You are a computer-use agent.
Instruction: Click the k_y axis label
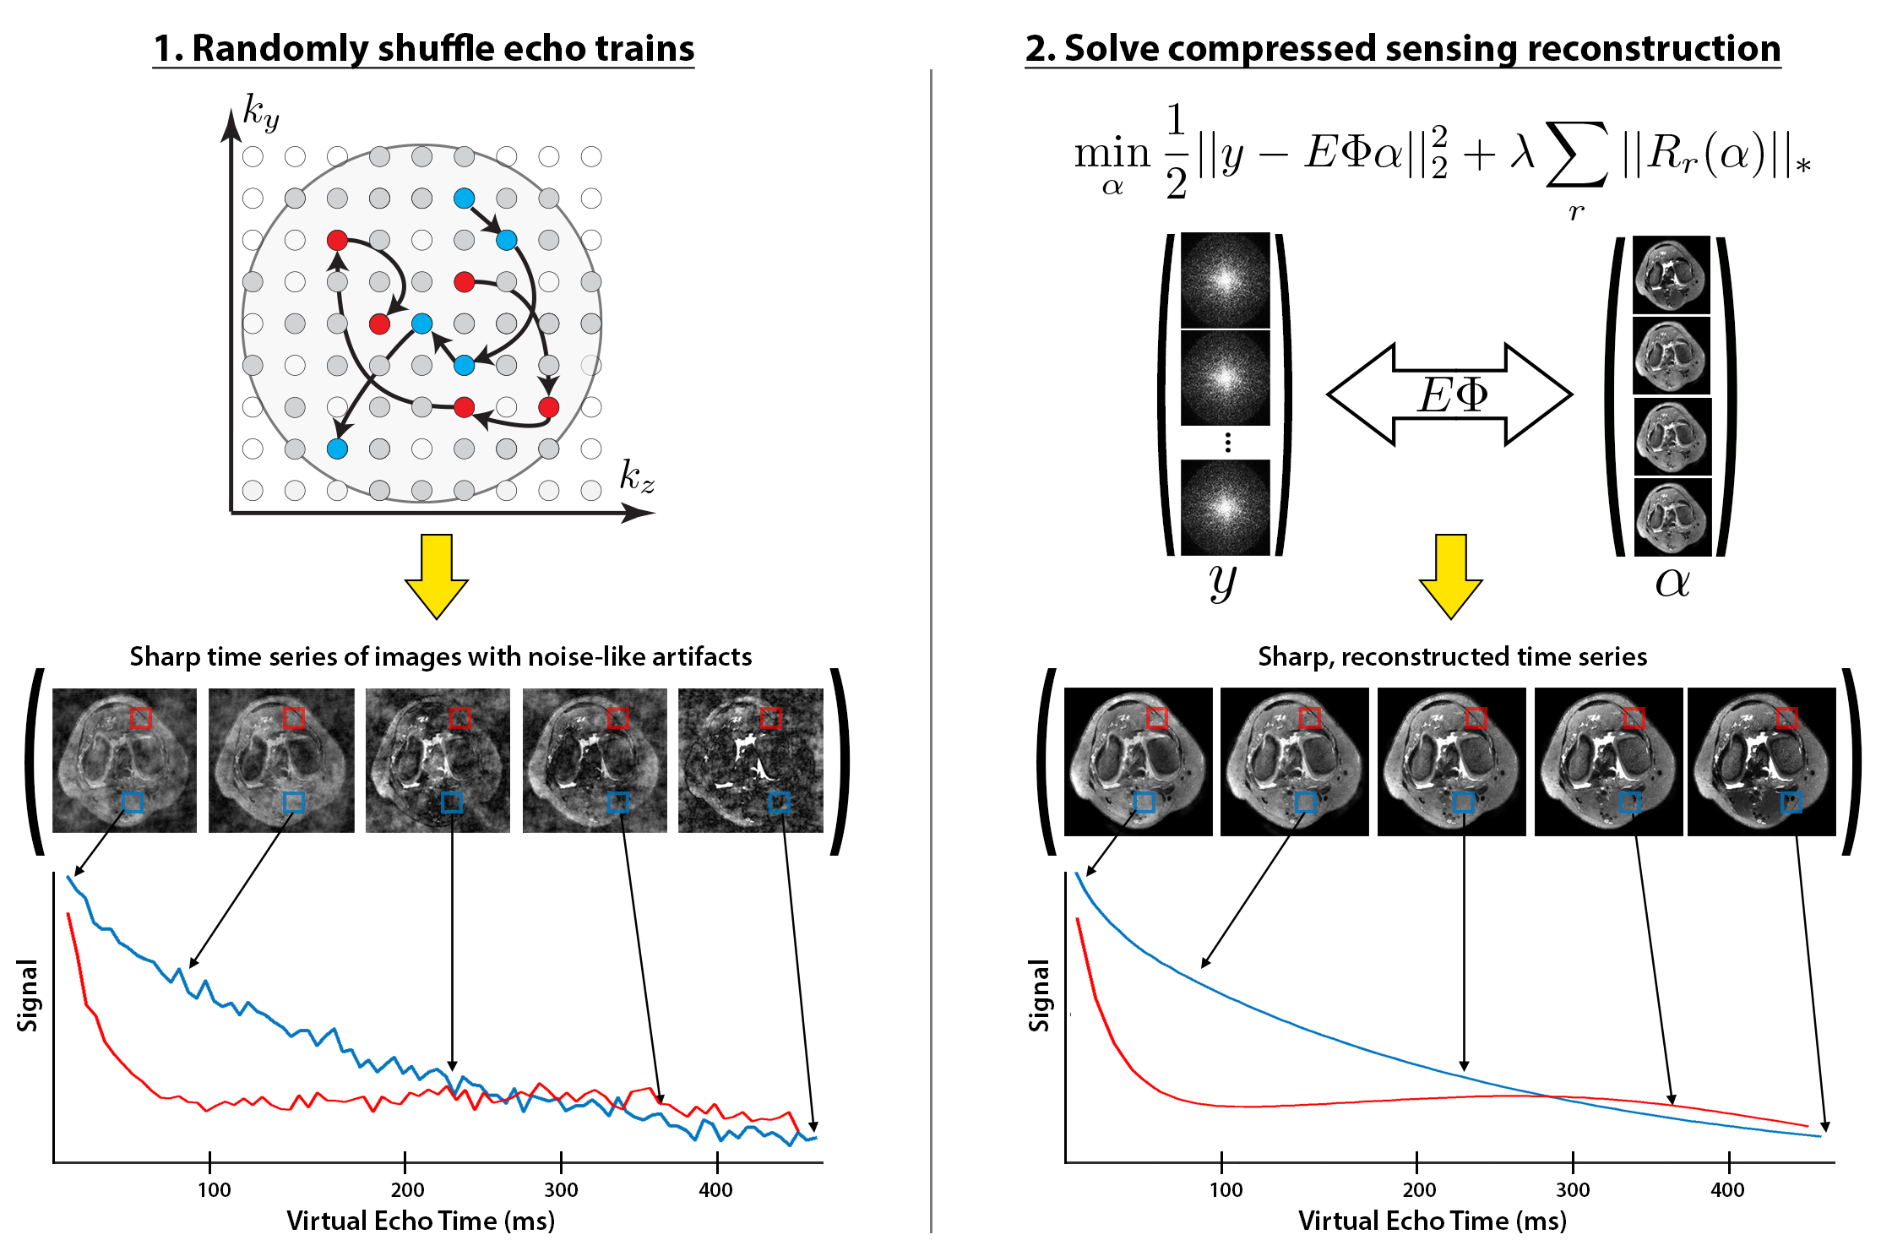click(260, 114)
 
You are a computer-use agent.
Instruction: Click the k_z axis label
click(637, 477)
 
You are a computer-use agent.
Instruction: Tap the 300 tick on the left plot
click(561, 1189)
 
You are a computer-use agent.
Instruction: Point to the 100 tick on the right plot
click(1226, 1189)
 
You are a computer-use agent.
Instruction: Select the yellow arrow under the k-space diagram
click(437, 576)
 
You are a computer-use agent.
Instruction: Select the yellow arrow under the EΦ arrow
click(1450, 576)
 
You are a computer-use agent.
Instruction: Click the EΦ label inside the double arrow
click(1453, 394)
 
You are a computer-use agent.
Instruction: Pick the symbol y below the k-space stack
click(1222, 581)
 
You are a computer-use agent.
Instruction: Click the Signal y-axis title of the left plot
click(28, 995)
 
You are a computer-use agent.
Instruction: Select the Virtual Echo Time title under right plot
click(1432, 1221)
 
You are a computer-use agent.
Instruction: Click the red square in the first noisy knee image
click(140, 718)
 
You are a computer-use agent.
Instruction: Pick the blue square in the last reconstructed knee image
click(1791, 802)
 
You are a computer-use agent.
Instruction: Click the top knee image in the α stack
click(1672, 275)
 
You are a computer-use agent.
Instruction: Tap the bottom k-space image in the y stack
click(1225, 507)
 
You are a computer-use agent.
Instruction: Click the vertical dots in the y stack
click(1227, 443)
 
